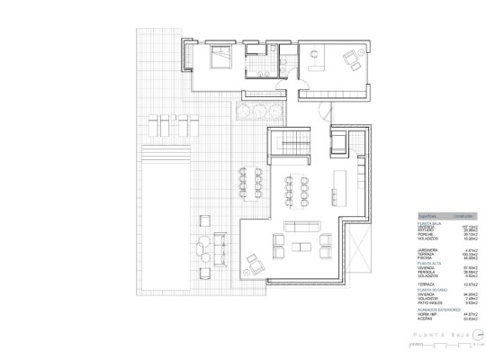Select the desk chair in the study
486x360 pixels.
(x=315, y=56)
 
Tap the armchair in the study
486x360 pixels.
(x=349, y=60)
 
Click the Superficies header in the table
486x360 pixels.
(x=427, y=217)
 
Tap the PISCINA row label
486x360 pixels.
(x=424, y=257)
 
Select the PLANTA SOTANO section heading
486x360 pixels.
(x=428, y=288)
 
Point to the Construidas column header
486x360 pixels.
(x=463, y=217)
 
